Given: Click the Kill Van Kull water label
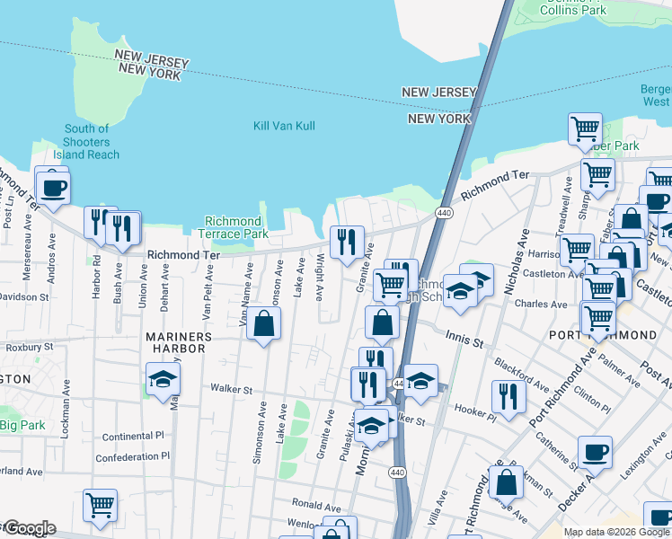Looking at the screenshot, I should click(284, 126).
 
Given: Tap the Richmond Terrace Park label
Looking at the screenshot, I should click(233, 227).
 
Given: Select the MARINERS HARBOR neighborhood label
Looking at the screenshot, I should click(179, 337).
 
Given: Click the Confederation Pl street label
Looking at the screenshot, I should click(129, 456).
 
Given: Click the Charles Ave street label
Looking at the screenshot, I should click(540, 304).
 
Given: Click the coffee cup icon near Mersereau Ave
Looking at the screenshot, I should click(53, 188).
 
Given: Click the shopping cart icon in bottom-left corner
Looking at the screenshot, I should click(100, 504).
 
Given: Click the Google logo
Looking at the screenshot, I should click(29, 528).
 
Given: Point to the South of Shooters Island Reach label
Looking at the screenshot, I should click(87, 142).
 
